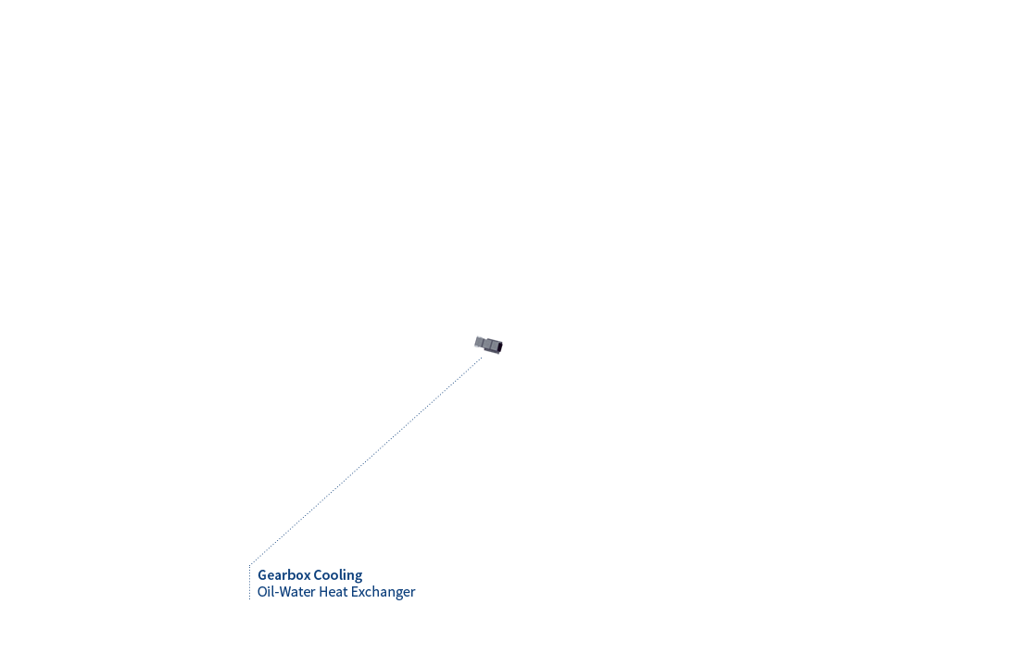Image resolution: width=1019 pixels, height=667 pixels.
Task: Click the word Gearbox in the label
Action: click(x=284, y=575)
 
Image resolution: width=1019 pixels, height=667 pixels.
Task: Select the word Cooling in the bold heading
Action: click(x=338, y=575)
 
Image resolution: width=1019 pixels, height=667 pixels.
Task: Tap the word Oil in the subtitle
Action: click(x=265, y=592)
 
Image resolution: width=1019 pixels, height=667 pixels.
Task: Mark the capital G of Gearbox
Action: click(x=262, y=575)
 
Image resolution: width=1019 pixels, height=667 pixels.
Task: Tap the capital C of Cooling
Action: click(x=318, y=575)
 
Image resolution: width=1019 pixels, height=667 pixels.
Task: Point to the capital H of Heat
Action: click(x=323, y=592)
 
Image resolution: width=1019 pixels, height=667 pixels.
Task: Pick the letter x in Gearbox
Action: click(x=307, y=577)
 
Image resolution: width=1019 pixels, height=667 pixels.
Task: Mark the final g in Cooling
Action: click(x=359, y=578)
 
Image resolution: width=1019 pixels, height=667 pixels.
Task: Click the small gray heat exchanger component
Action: click(x=489, y=345)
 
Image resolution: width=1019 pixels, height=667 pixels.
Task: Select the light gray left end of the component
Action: click(x=479, y=342)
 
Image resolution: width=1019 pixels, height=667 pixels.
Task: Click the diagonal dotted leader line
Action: click(x=366, y=461)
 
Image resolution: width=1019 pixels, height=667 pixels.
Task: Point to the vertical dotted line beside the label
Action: click(x=249, y=582)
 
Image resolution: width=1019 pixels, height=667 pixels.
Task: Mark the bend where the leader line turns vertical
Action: click(x=249, y=564)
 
